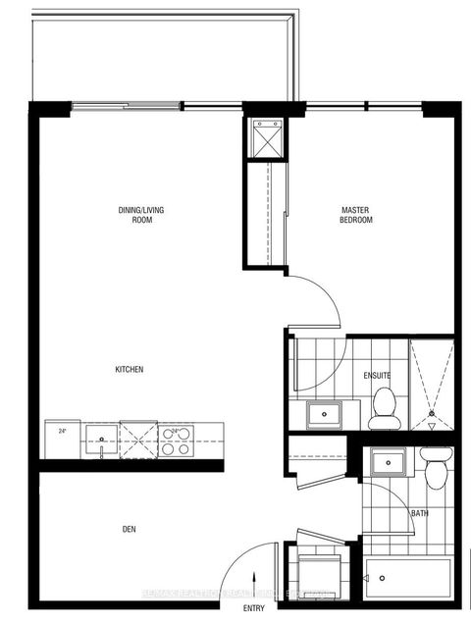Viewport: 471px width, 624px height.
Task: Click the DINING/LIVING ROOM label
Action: point(134,215)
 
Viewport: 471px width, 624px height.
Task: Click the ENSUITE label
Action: point(377,374)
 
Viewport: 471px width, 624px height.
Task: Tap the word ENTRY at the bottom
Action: point(254,609)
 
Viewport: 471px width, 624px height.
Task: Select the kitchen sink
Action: point(101,433)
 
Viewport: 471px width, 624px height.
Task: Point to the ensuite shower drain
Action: point(432,417)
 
